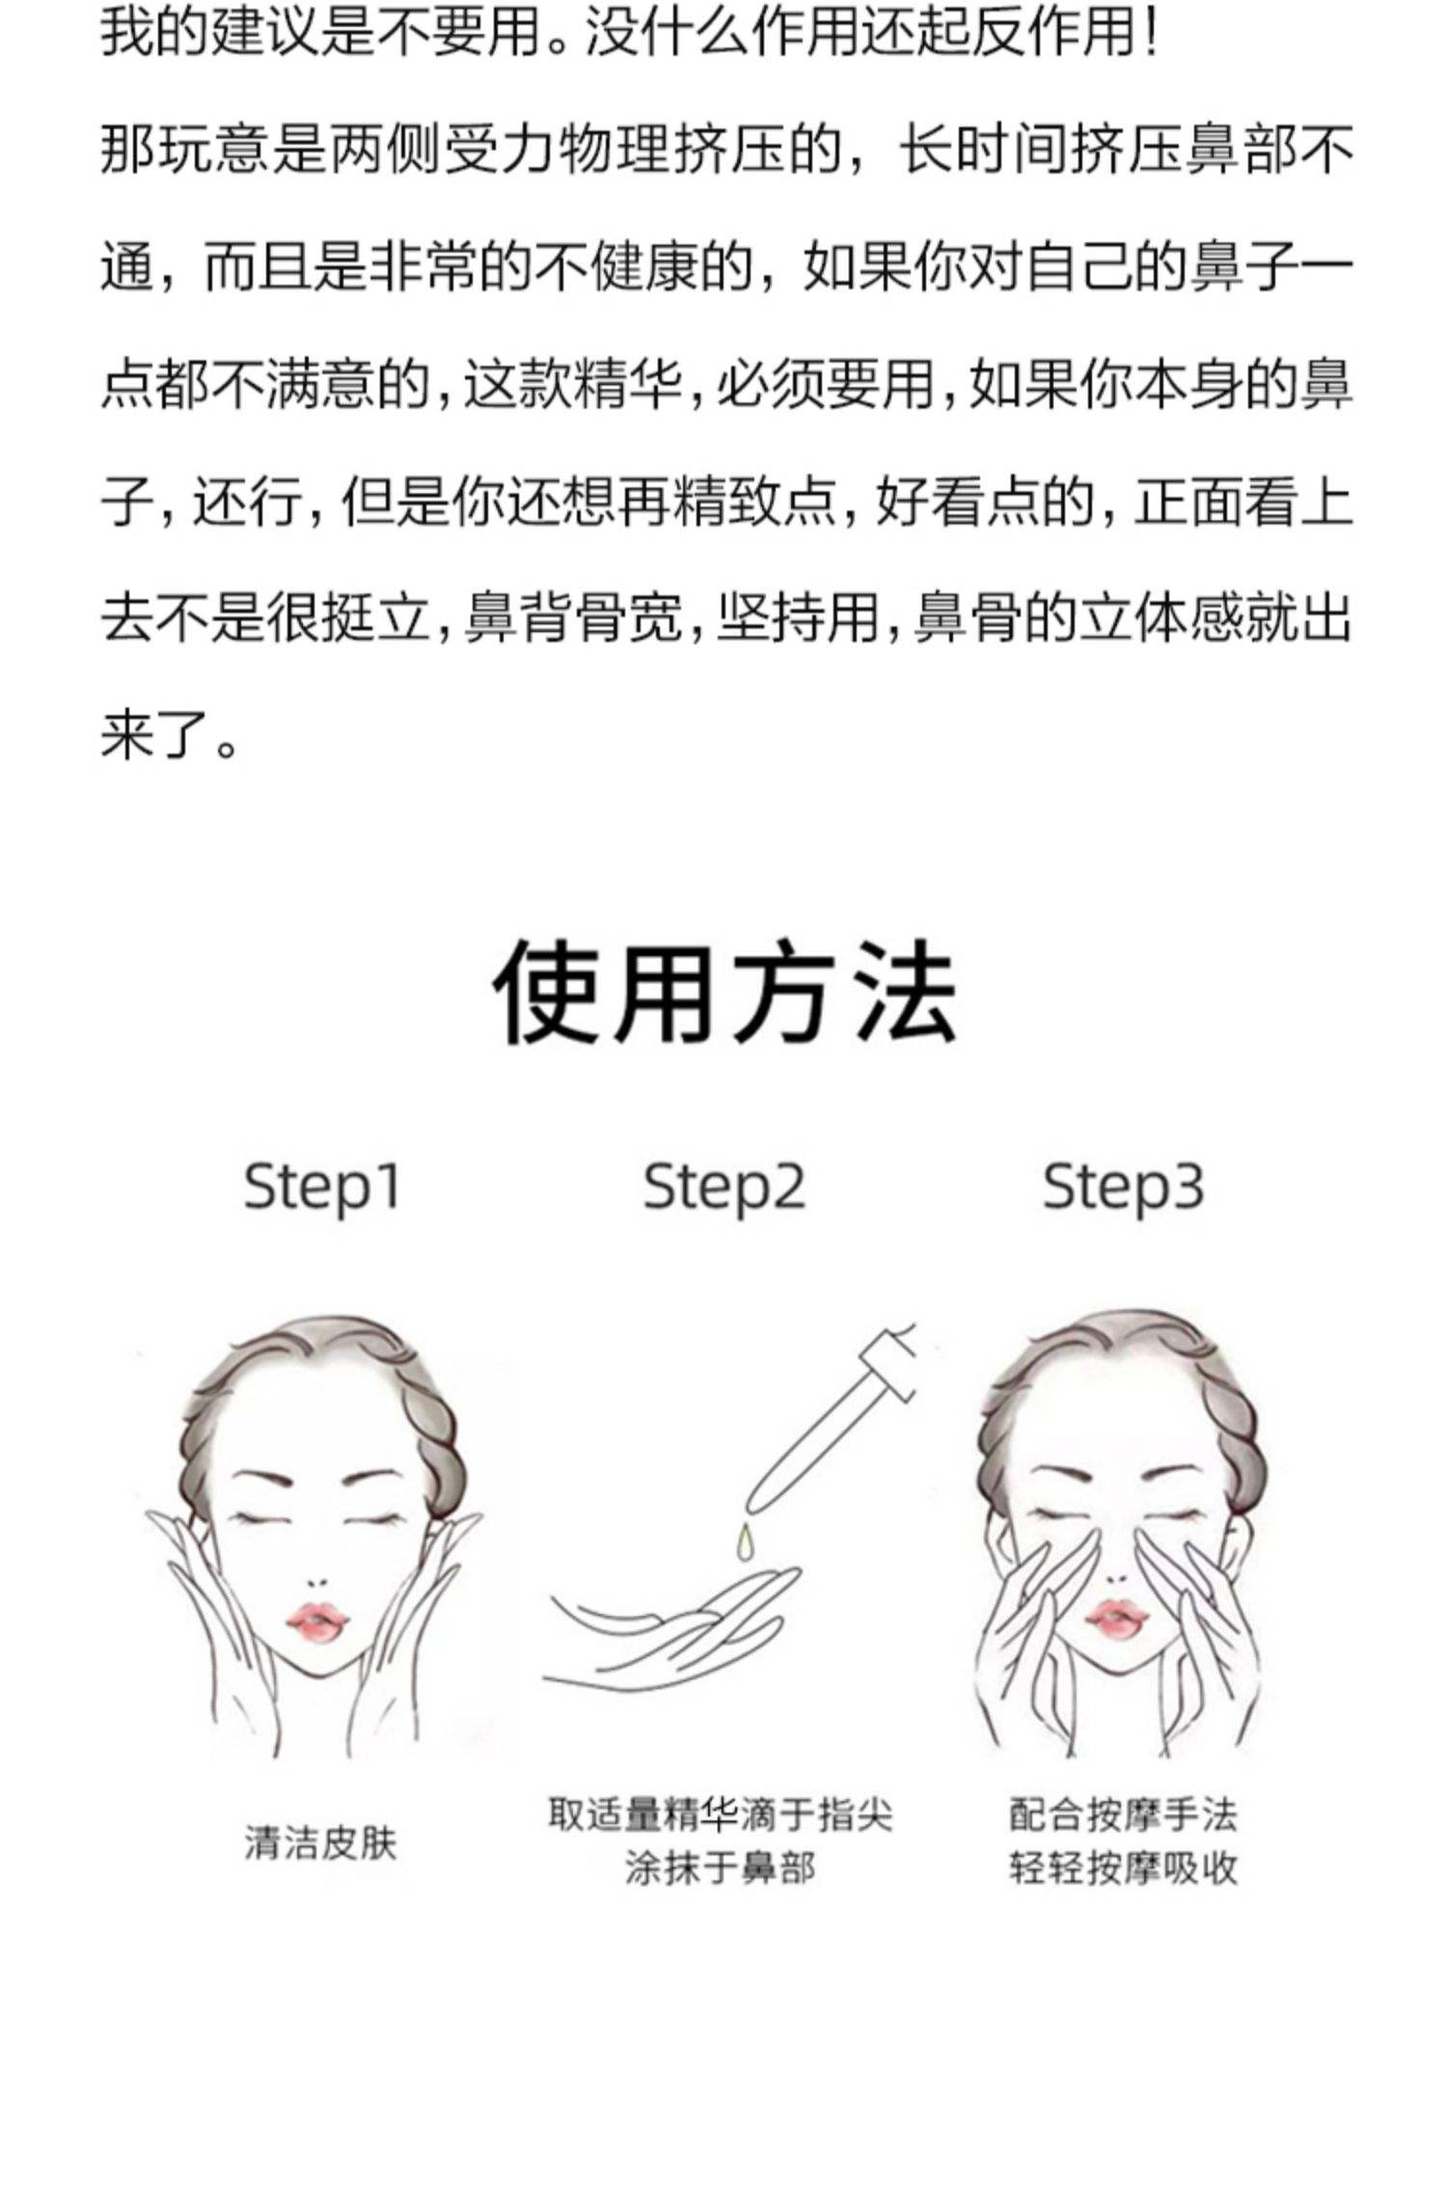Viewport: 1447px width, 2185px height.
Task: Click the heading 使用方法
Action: tap(724, 993)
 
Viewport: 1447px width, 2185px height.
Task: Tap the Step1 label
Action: tap(321, 1187)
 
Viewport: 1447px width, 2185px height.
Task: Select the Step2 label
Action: tap(723, 1187)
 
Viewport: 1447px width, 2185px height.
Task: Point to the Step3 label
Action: tap(1124, 1187)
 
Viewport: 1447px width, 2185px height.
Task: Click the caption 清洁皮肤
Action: tap(320, 1844)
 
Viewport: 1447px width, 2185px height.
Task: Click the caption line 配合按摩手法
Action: tap(1123, 1814)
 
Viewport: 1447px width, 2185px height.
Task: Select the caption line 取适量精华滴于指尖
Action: tap(721, 1814)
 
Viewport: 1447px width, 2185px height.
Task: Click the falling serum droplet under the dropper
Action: tap(744, 1541)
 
